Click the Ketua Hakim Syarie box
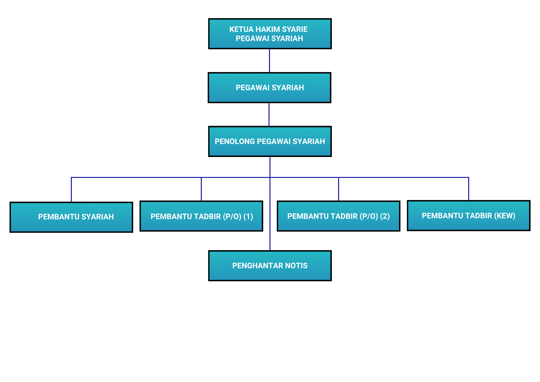[270, 34]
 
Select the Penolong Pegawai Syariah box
[270, 141]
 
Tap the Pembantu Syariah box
[71, 217]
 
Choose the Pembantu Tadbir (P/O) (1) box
[201, 216]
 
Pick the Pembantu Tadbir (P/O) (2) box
[338, 216]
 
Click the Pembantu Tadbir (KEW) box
[468, 216]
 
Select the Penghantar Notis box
[270, 266]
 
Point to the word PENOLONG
[234, 142]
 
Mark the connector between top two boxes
[269, 61]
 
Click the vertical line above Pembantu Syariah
[71, 190]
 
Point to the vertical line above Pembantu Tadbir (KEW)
[468, 189]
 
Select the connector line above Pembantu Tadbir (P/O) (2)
[338, 190]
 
